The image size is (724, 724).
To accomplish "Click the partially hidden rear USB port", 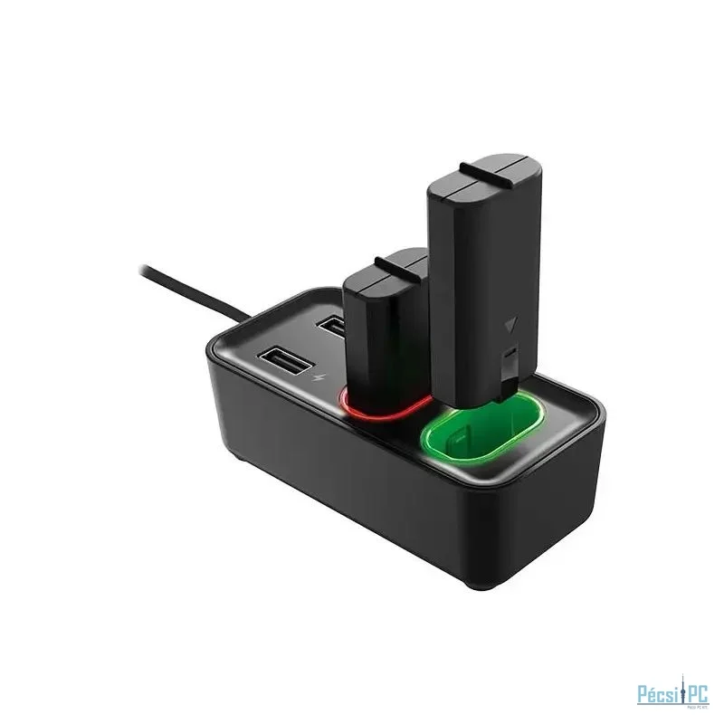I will (x=332, y=325).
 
